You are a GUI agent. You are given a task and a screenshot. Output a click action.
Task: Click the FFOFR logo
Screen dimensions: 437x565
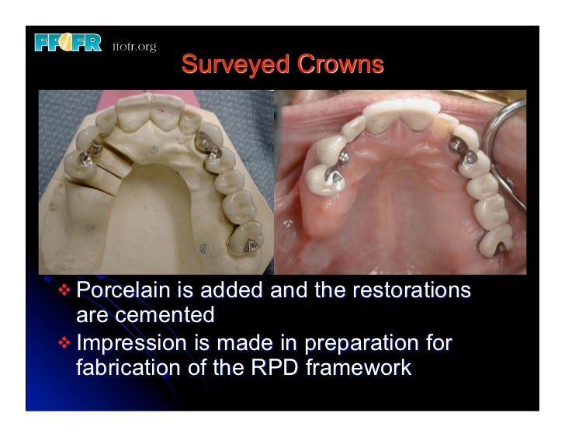pyautogui.click(x=68, y=44)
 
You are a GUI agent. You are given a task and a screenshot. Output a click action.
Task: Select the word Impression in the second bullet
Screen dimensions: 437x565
pyautogui.click(x=131, y=342)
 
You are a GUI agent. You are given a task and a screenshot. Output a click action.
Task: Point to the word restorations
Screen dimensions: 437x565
pyautogui.click(x=411, y=292)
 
